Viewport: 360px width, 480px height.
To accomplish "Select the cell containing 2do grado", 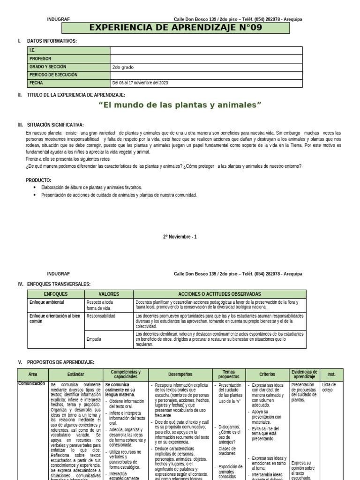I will [x=123, y=67].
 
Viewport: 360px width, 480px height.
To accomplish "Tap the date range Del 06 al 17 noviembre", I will [x=140, y=83].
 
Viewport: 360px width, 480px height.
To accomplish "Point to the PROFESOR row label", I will [x=40, y=59].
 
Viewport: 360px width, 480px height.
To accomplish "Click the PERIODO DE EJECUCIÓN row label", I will [x=53, y=75].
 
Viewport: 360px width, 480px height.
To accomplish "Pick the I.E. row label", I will [x=32, y=51].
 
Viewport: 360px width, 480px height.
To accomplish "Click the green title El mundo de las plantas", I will [x=180, y=105].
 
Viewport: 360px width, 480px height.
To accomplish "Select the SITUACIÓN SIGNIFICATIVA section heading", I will [x=55, y=125].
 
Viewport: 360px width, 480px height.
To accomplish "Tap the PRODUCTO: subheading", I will [x=38, y=180].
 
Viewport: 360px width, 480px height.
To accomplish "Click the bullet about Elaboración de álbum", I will [x=91, y=187].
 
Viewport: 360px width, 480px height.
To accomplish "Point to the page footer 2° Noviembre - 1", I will [x=180, y=237].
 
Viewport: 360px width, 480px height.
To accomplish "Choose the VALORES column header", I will [x=109, y=294].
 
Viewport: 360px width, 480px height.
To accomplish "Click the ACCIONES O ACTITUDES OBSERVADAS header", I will [x=220, y=294].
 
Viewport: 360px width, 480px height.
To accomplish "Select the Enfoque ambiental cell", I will [x=46, y=302].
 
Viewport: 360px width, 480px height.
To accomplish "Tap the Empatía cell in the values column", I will [x=94, y=339].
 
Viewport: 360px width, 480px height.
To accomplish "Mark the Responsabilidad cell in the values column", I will [x=101, y=316].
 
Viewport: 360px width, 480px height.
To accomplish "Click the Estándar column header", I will [x=75, y=375].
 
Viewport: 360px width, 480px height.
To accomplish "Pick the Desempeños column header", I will [x=180, y=375].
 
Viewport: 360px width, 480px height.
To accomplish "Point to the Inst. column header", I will [x=331, y=375].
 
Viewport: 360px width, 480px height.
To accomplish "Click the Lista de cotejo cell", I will [x=329, y=387].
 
